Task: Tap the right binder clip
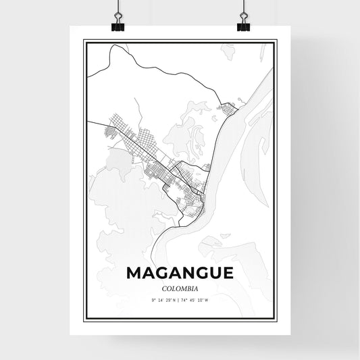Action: click(243, 23)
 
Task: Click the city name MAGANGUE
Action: click(180, 273)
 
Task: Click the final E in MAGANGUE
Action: click(226, 273)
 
